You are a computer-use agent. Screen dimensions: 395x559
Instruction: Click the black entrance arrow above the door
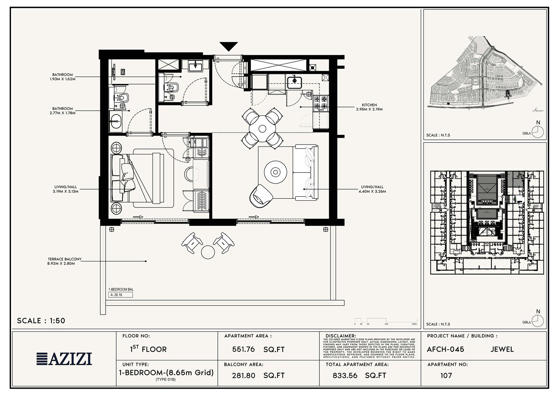[229, 46]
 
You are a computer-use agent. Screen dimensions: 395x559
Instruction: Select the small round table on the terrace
[208, 251]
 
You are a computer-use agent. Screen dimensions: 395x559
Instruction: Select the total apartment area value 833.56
[345, 376]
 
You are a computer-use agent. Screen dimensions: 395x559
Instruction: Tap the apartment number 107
[446, 376]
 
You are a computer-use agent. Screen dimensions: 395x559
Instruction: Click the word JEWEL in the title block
[502, 350]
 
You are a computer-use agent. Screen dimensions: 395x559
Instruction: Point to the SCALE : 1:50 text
[41, 321]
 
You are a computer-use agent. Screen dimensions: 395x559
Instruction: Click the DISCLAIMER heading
[341, 336]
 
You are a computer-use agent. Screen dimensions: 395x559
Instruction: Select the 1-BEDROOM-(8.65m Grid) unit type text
[166, 372]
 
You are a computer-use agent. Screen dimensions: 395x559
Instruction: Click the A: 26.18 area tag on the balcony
[121, 295]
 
